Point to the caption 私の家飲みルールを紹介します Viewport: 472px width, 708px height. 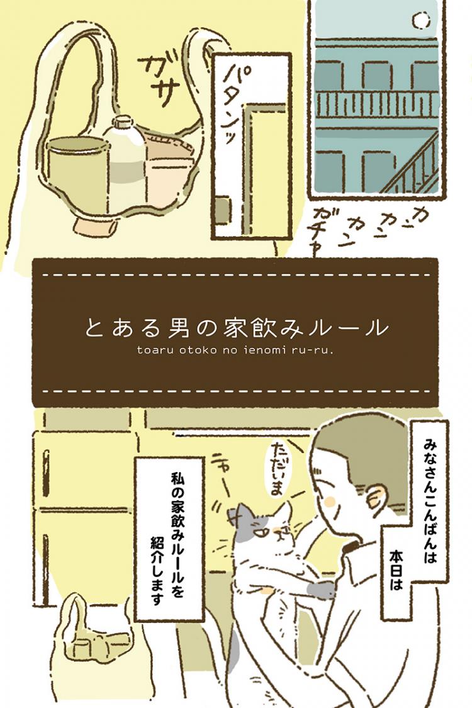168,538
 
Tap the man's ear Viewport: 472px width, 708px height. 380,497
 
